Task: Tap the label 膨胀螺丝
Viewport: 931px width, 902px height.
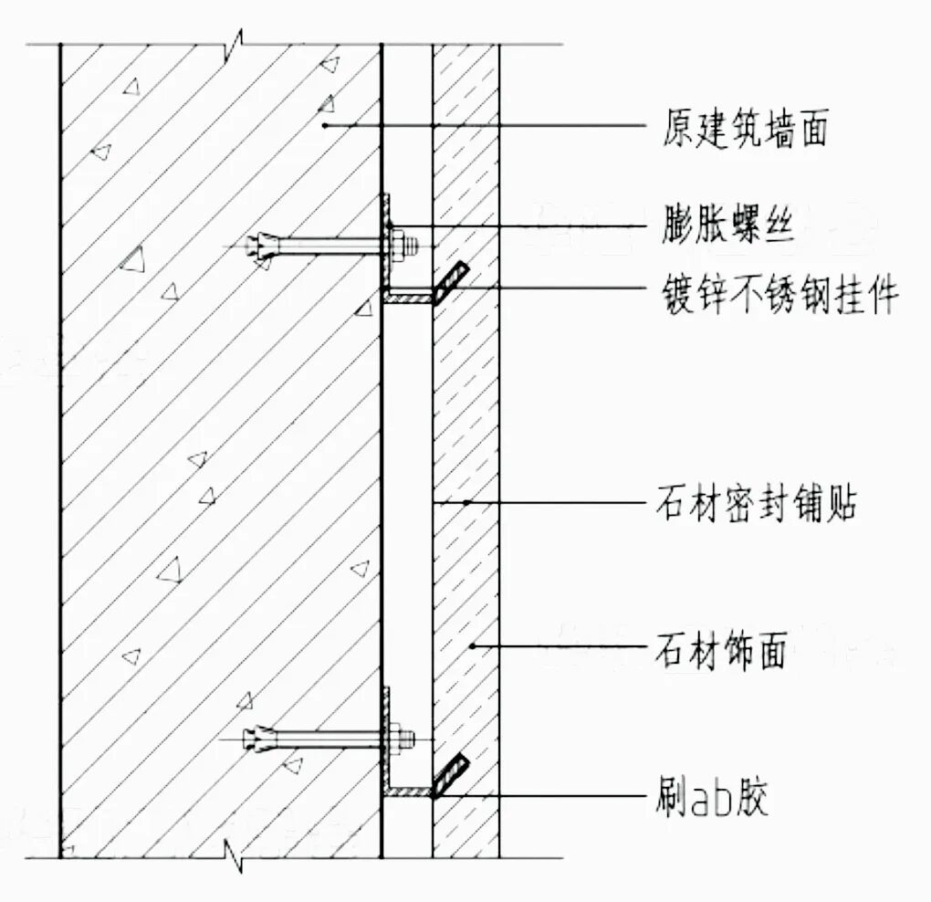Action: pyautogui.click(x=727, y=225)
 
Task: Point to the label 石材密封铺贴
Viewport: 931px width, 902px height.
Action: pyautogui.click(x=756, y=503)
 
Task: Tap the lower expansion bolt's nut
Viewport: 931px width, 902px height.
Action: pyautogui.click(x=399, y=738)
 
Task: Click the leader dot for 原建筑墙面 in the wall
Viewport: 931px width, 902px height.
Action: pyautogui.click(x=326, y=124)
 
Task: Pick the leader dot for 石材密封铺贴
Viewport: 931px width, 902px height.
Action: pyautogui.click(x=466, y=502)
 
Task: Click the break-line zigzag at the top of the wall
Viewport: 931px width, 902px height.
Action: pyautogui.click(x=235, y=43)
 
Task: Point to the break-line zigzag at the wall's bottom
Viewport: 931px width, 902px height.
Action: pyautogui.click(x=235, y=857)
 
